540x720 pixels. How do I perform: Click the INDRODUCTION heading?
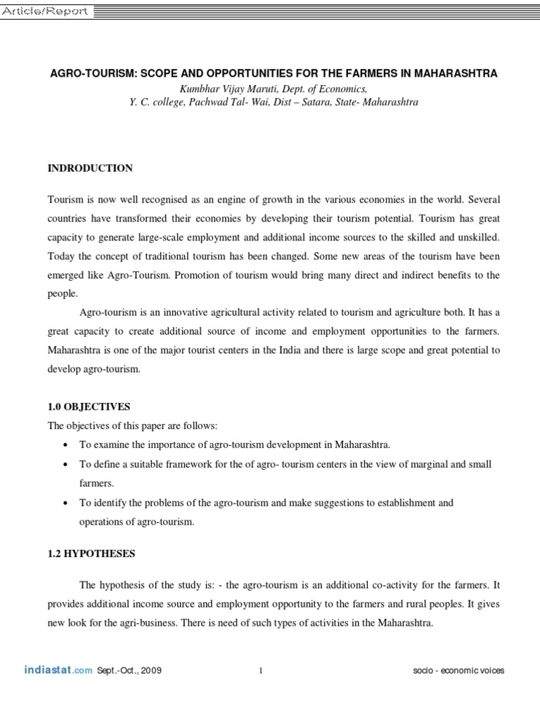click(x=89, y=168)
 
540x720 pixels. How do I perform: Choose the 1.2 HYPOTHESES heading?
click(x=91, y=553)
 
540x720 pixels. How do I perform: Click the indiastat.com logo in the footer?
click(x=58, y=670)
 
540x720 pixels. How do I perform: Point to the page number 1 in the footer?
click(x=261, y=671)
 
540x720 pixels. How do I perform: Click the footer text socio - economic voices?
click(x=458, y=671)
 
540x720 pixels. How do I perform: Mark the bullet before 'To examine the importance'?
click(x=65, y=446)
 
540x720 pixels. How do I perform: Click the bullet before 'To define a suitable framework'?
click(x=65, y=465)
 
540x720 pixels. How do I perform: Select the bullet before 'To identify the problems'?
click(x=65, y=503)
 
